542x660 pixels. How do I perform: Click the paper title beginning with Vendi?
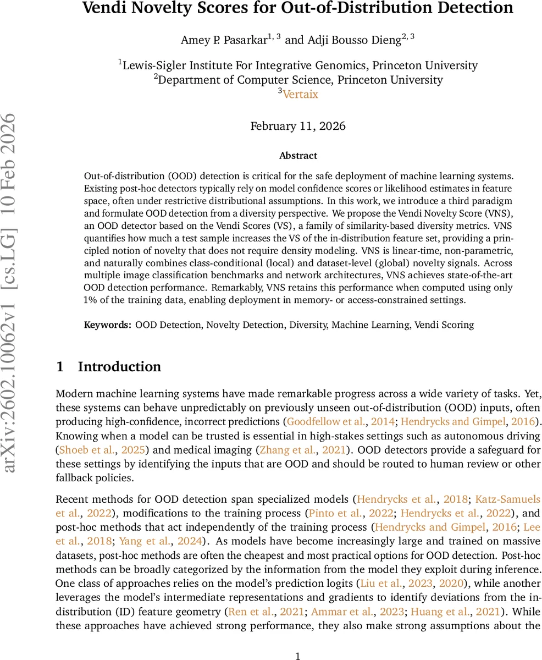tap(298, 9)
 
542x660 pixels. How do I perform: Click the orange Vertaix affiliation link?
tap(300, 94)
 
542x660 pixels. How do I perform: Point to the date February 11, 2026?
tap(298, 126)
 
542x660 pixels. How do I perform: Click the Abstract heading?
tap(298, 156)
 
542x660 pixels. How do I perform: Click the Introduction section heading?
tap(119, 367)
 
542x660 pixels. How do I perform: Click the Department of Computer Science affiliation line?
tap(298, 80)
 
